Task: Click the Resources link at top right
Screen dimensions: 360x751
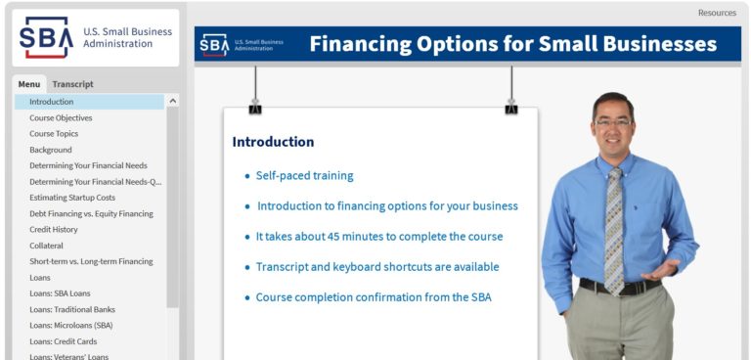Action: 717,13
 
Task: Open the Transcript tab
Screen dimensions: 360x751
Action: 72,84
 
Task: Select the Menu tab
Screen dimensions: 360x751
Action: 29,84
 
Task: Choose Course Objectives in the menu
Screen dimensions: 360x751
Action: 61,118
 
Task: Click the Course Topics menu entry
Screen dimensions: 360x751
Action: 54,134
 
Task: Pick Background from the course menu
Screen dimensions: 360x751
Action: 51,150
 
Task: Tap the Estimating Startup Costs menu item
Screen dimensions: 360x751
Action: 72,198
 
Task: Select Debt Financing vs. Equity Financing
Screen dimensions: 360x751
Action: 91,213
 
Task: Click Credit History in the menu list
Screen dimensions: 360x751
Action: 54,230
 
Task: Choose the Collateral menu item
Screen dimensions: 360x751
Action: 46,246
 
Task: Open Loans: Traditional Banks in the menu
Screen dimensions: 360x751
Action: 72,309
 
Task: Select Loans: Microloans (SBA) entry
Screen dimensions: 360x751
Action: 70,325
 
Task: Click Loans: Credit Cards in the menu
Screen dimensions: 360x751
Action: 64,341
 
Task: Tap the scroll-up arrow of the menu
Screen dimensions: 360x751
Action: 173,101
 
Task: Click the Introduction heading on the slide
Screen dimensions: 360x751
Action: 273,142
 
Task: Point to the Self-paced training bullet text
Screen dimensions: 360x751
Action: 304,176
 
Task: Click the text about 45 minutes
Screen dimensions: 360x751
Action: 379,237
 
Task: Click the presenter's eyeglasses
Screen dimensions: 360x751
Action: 614,122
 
